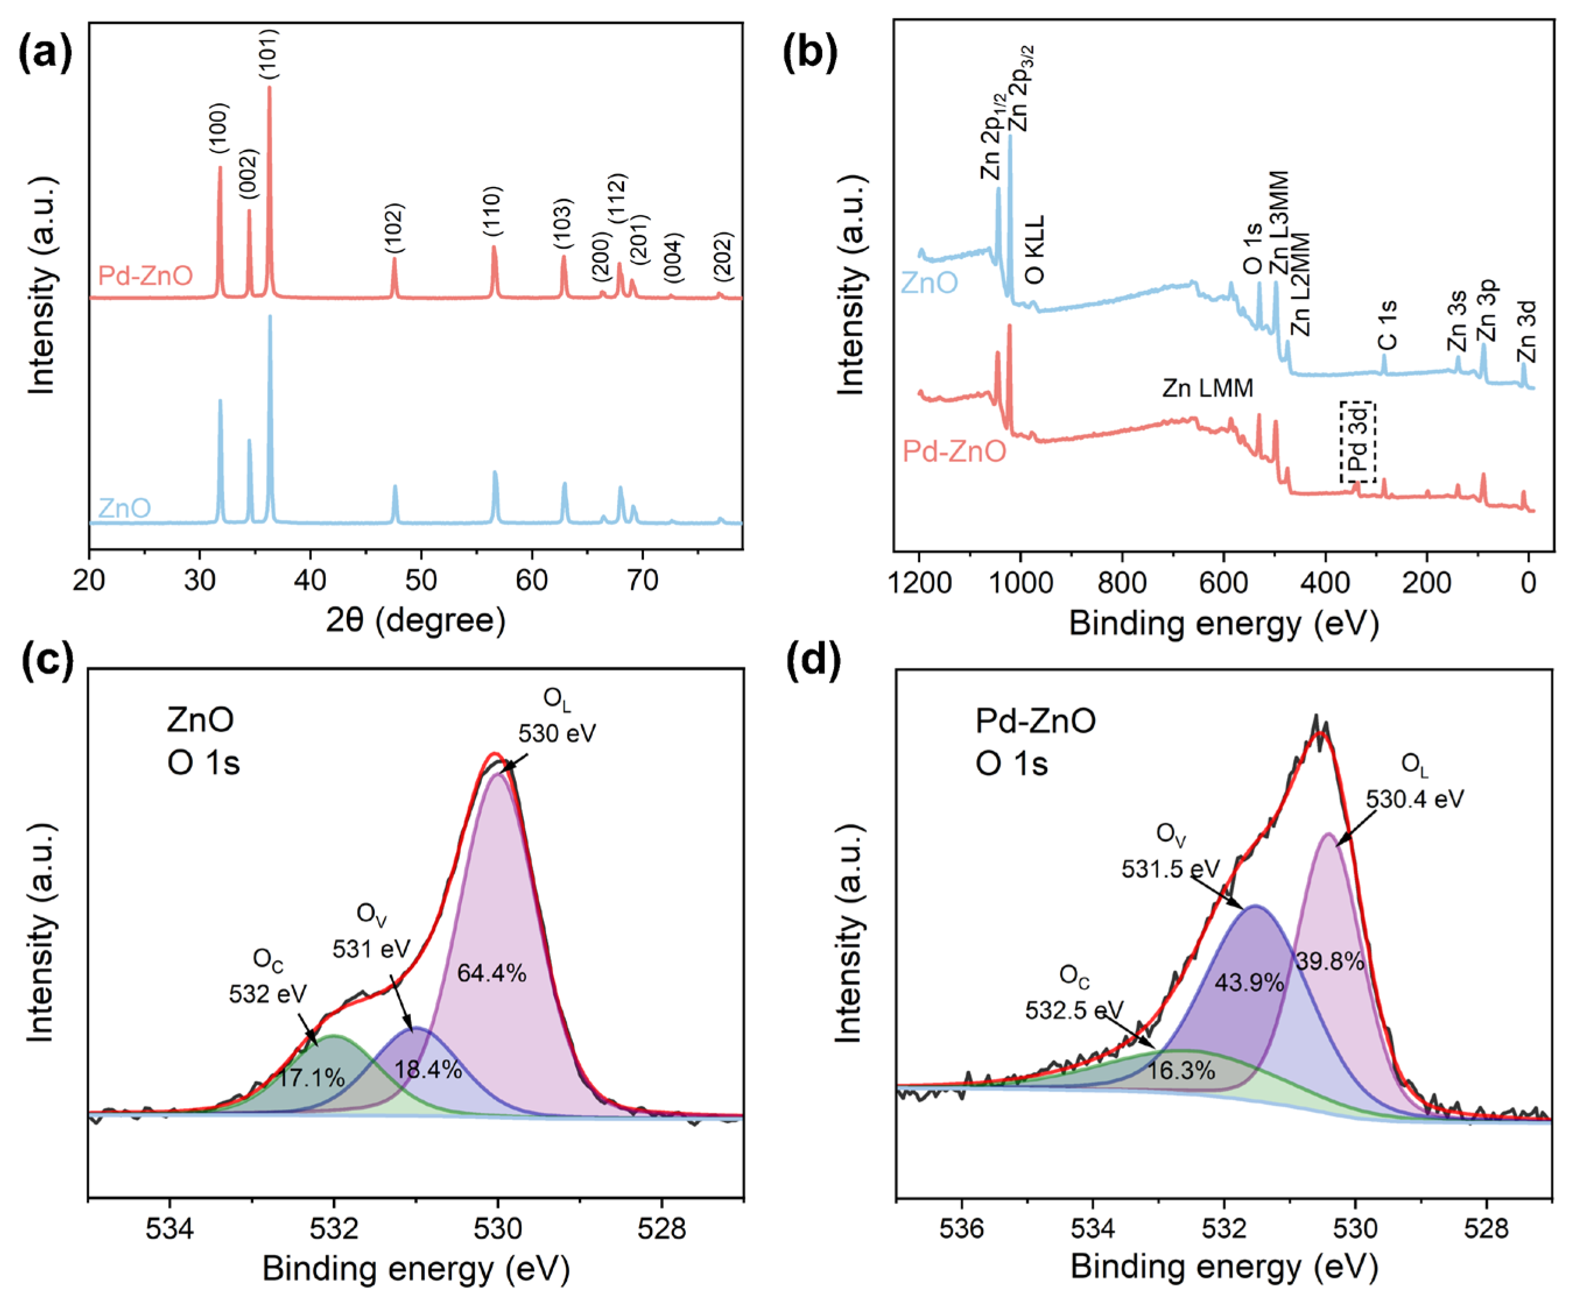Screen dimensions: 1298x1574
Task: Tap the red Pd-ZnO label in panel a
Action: point(146,276)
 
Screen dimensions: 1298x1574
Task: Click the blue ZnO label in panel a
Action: point(125,509)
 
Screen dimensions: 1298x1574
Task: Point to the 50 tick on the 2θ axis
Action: point(421,580)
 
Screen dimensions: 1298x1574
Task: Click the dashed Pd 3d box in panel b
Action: point(1357,443)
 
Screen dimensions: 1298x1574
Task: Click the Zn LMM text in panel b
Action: point(1207,388)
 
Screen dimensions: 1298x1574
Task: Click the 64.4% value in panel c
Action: point(491,973)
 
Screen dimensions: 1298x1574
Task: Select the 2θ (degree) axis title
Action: point(415,620)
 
